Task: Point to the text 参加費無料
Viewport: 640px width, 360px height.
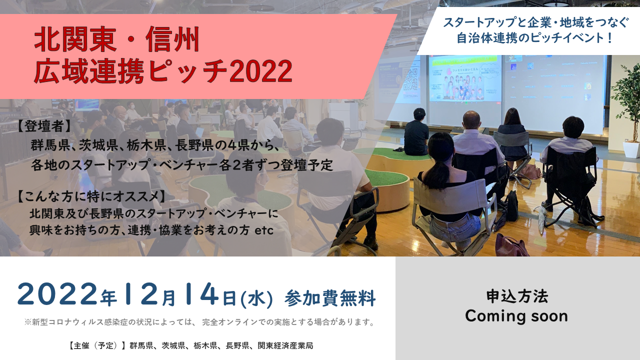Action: (330, 298)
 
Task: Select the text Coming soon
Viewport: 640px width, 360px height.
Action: (516, 316)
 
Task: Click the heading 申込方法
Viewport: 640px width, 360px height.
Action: (517, 296)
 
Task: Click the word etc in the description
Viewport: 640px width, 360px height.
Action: (264, 230)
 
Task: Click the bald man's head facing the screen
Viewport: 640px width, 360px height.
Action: (471, 120)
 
